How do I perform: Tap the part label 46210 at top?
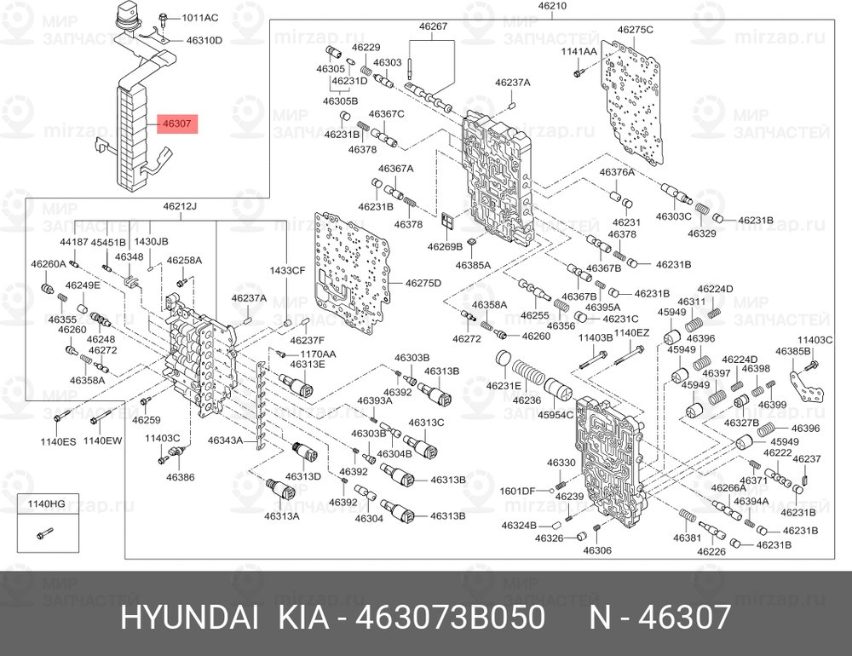click(552, 7)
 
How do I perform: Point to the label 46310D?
click(204, 40)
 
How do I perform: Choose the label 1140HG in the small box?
click(47, 504)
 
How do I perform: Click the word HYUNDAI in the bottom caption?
click(189, 619)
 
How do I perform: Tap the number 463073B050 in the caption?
click(455, 619)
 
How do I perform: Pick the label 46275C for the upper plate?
click(636, 30)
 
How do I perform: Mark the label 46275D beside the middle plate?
click(423, 283)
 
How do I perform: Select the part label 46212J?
click(180, 206)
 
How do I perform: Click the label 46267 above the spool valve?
click(432, 26)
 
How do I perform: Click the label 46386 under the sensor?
click(181, 477)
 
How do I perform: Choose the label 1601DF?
click(516, 491)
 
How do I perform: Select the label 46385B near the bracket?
click(792, 351)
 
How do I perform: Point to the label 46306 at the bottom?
click(597, 550)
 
